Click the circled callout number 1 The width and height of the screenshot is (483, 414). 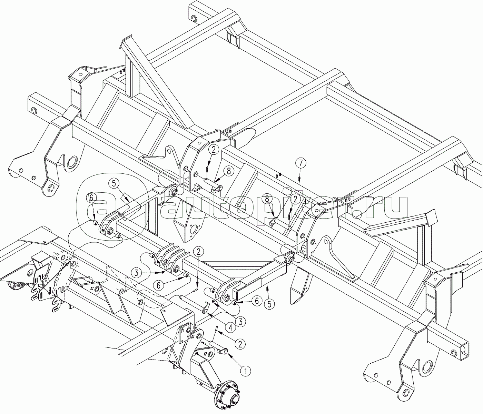tap(245, 371)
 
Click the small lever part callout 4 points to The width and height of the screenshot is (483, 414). tap(205, 308)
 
